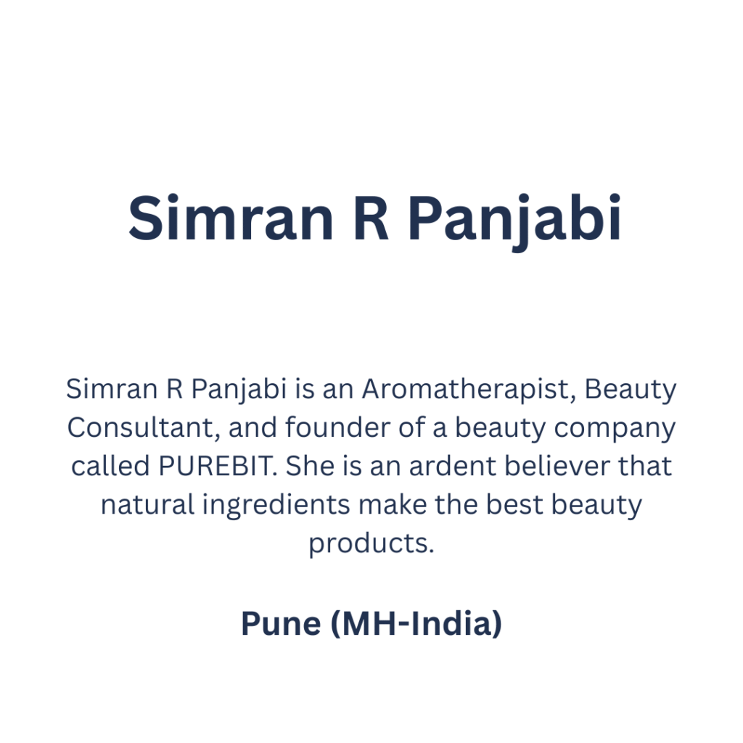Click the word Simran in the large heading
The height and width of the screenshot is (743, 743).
[x=231, y=218]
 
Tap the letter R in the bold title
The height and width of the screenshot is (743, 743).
[x=371, y=218]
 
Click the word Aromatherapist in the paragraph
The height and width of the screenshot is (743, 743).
[x=469, y=390]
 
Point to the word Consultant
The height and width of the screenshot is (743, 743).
[x=144, y=428]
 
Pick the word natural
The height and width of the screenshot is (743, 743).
[x=147, y=504]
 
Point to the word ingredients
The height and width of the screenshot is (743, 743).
[x=276, y=506]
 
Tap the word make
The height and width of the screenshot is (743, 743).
[x=393, y=504]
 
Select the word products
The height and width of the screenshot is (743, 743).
[x=371, y=544]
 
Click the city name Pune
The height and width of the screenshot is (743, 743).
[x=281, y=623]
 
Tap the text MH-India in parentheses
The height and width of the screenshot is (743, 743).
[x=416, y=623]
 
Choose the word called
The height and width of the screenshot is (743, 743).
[x=110, y=466]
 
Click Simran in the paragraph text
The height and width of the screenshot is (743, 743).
[x=112, y=390]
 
